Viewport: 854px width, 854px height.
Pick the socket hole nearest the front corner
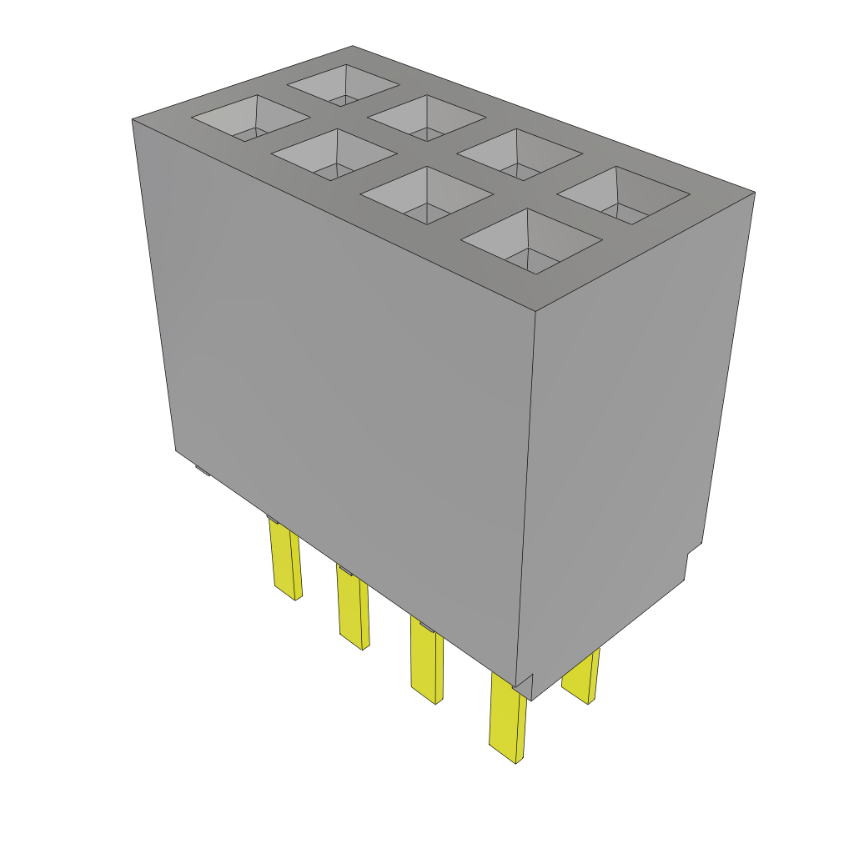pos(531,241)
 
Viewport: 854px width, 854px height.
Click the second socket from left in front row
pos(334,155)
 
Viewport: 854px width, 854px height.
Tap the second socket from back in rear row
pos(428,118)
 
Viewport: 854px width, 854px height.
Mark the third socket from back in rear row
pos(519,155)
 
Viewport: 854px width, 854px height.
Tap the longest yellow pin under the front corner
pos(507,717)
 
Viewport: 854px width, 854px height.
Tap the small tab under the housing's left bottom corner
pos(203,470)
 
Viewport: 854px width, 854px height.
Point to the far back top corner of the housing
pos(353,46)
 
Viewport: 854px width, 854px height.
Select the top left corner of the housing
pos(133,120)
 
